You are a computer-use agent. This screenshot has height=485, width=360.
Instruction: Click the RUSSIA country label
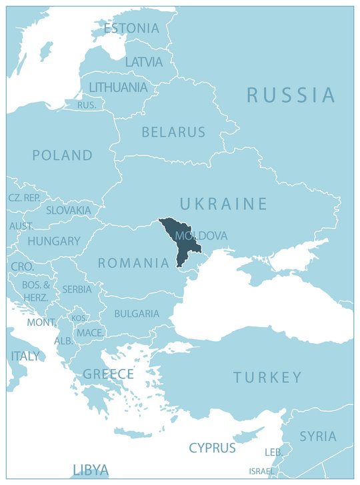click(291, 95)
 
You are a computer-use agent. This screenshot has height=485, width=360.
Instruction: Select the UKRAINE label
click(223, 204)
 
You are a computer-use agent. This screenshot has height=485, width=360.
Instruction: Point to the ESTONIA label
click(131, 29)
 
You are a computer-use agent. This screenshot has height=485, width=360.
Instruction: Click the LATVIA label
click(143, 62)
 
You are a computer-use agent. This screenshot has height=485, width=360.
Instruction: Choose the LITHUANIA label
click(118, 87)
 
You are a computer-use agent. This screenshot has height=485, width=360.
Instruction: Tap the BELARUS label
click(173, 133)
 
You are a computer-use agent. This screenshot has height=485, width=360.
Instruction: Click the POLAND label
click(63, 155)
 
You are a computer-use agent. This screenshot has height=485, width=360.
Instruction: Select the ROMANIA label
click(133, 263)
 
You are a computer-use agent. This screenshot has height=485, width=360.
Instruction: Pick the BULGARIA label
click(137, 313)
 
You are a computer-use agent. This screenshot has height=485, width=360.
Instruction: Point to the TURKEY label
click(267, 378)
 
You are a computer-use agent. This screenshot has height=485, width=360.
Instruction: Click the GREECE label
click(108, 374)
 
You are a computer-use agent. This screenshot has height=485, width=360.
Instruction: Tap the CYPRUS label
click(212, 448)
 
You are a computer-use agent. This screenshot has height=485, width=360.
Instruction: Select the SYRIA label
click(317, 436)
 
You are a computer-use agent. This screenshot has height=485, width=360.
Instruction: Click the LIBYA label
click(90, 470)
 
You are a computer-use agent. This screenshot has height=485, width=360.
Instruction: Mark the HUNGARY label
click(53, 241)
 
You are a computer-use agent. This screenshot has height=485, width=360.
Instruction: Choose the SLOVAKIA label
click(68, 210)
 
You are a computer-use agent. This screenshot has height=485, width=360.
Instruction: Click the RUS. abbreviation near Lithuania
click(87, 105)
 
